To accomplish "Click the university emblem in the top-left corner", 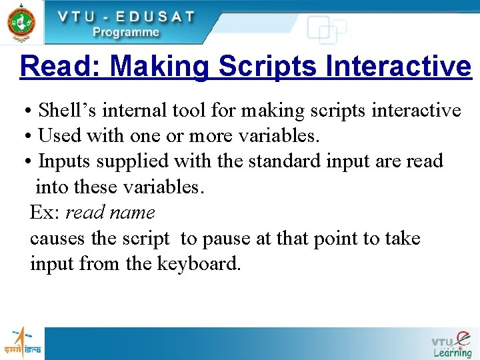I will (x=21, y=21).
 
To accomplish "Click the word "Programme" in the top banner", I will (x=126, y=31).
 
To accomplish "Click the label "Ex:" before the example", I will (x=45, y=213).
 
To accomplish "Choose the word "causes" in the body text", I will (x=57, y=239).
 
